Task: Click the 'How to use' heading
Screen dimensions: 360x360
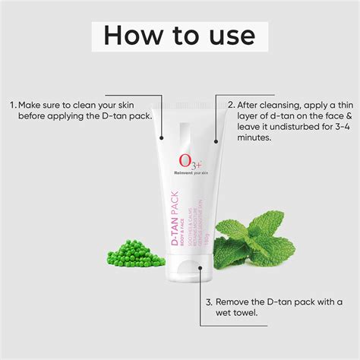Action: tap(179, 35)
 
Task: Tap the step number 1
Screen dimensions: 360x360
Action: tap(12, 104)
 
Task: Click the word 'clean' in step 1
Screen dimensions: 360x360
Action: tap(94, 104)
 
